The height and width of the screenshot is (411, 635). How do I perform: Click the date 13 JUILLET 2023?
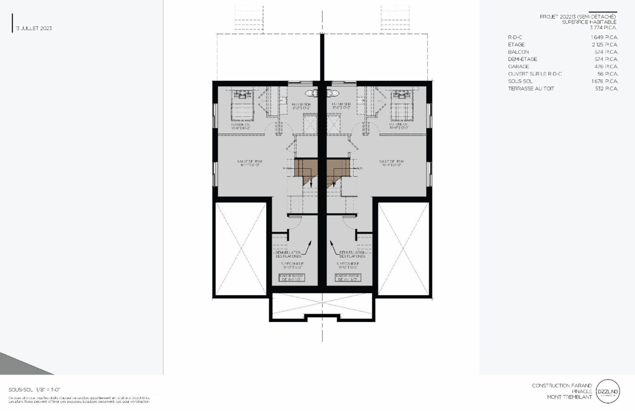pos(33,28)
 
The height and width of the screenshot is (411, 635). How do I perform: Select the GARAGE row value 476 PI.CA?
pos(604,66)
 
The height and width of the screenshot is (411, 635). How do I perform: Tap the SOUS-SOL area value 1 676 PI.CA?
pos(604,81)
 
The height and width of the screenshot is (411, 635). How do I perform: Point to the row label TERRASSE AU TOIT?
pos(531,89)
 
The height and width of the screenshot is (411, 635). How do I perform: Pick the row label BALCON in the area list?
pos(518,52)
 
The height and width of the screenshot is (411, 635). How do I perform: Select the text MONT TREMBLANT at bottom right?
pos(569,397)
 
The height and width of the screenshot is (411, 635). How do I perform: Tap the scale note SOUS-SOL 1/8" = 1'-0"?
pos(34,390)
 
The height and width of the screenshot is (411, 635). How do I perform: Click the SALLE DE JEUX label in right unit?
pos(392,162)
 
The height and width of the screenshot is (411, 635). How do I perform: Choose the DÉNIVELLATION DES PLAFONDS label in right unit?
pos(352,254)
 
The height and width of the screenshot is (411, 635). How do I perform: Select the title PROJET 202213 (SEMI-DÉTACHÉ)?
pos(578,17)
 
